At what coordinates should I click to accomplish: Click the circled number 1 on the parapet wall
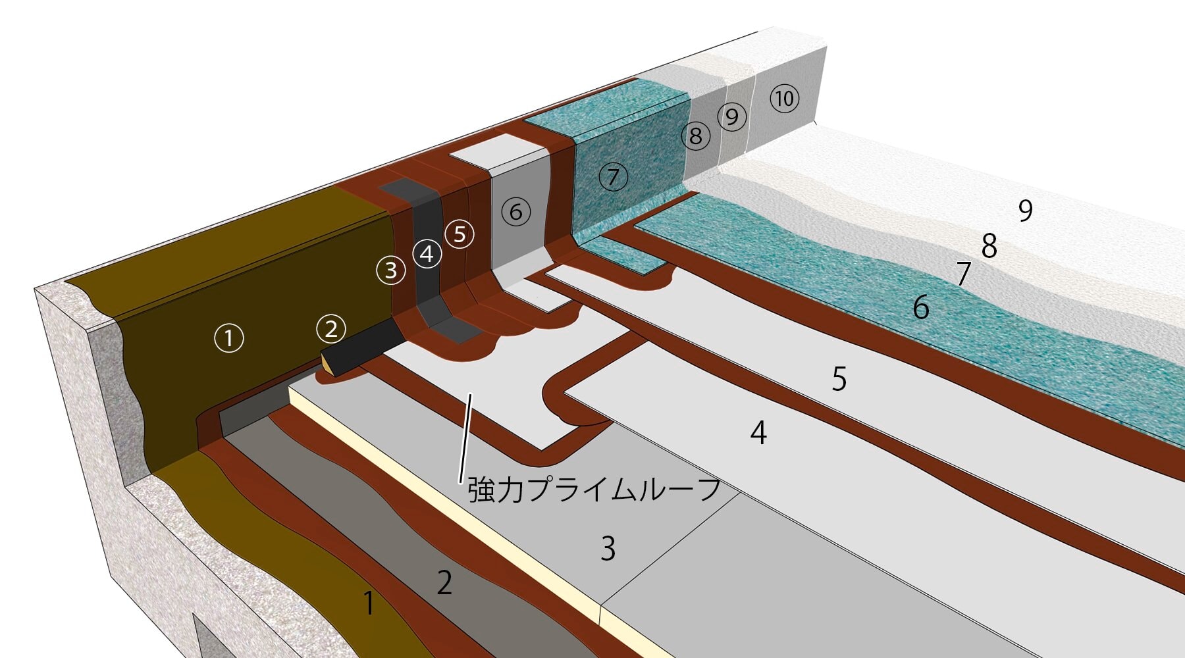[x=229, y=338]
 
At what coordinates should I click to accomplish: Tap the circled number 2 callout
[x=331, y=328]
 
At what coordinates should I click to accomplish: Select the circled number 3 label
[x=391, y=269]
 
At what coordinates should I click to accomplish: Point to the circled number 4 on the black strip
[x=427, y=253]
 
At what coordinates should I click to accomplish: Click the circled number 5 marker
[x=460, y=234]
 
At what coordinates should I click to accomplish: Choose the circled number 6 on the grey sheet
[x=515, y=211]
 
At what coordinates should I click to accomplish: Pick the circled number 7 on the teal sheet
[x=614, y=176]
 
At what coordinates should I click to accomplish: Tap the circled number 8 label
[x=695, y=136]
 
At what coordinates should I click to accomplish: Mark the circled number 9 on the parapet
[x=731, y=117]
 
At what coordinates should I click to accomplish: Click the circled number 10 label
[x=784, y=99]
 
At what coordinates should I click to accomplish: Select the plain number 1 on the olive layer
[x=369, y=603]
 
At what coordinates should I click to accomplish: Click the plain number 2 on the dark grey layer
[x=444, y=583]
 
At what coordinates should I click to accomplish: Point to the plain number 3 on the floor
[x=608, y=548]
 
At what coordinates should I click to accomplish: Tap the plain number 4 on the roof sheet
[x=758, y=433]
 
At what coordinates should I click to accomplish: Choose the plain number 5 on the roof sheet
[x=839, y=379]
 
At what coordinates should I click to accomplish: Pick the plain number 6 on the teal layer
[x=921, y=307]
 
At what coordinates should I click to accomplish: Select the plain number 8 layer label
[x=989, y=246]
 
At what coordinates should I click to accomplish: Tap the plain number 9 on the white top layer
[x=1025, y=211]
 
